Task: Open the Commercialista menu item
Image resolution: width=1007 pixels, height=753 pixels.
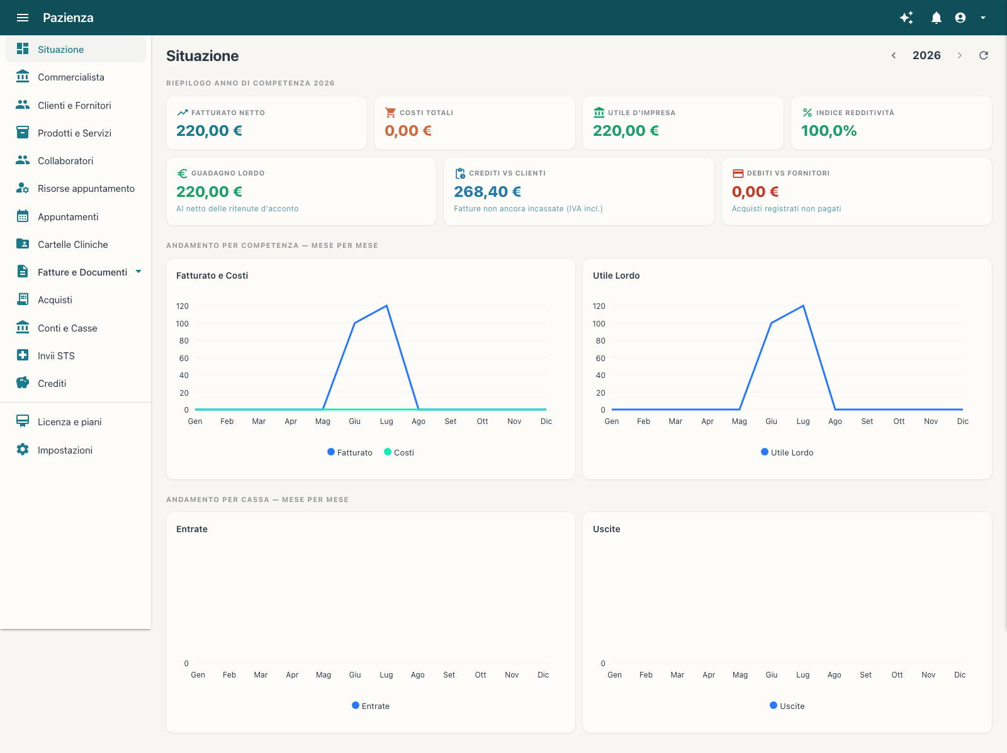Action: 70,77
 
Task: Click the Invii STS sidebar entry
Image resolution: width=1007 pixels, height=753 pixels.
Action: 56,356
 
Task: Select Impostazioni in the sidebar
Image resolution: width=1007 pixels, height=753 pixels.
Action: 65,450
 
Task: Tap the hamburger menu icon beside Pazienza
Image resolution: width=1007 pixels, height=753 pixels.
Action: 23,18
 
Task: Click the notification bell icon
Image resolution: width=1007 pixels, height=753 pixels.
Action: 936,18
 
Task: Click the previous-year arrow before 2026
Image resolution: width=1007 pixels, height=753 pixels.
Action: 894,55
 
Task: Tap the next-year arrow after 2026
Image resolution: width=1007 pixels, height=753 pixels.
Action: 959,55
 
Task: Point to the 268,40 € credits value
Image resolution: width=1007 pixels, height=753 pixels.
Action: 487,192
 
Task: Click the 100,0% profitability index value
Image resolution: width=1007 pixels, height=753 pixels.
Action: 828,131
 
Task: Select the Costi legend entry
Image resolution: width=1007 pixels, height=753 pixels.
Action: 398,452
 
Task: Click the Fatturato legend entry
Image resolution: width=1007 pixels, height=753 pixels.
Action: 349,452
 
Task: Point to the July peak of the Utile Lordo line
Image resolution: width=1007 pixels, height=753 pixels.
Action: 803,306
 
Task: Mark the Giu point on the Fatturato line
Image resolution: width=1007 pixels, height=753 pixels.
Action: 354,323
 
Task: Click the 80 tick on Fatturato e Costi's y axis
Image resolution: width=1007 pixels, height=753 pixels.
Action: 184,341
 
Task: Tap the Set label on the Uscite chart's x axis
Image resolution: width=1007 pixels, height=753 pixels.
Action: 865,674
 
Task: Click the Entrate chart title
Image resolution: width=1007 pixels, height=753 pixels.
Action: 192,529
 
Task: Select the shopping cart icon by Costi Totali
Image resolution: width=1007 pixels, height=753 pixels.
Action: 390,113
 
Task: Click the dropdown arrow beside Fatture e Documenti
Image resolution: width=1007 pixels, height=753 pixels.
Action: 138,272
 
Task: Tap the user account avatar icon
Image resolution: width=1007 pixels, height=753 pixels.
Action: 960,18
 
